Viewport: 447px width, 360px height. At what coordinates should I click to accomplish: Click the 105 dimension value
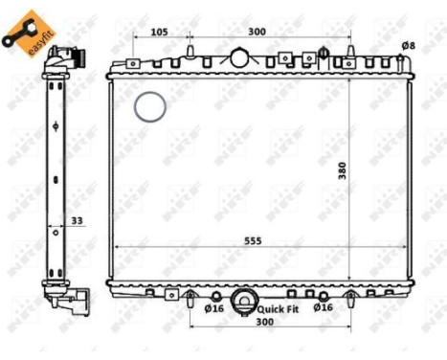click(160, 32)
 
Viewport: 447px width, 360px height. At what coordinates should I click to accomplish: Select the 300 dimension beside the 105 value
click(257, 32)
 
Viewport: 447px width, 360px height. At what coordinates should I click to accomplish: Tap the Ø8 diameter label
click(408, 45)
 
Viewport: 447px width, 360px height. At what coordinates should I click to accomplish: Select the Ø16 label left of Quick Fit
click(213, 308)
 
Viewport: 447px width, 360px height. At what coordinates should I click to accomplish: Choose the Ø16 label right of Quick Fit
click(323, 307)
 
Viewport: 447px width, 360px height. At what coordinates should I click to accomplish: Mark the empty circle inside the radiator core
click(149, 106)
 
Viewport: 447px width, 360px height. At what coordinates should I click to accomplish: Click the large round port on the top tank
click(238, 57)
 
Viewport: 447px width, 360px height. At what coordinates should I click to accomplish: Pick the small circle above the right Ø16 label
click(323, 296)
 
